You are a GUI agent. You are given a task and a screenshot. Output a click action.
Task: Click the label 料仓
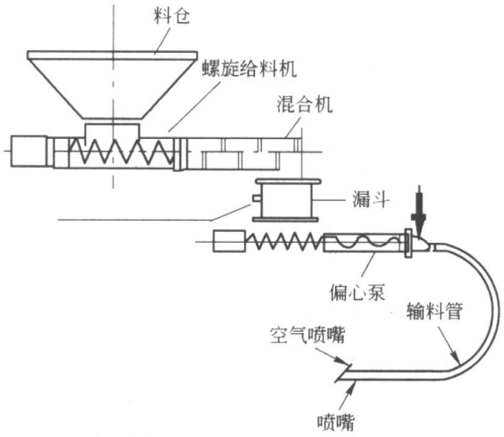point(171,16)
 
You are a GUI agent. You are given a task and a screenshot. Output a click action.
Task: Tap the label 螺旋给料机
point(249,68)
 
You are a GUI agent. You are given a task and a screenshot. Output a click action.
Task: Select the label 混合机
point(304,104)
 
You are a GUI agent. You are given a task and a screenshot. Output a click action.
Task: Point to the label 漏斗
point(371,199)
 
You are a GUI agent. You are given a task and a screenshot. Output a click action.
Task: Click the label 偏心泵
point(356,292)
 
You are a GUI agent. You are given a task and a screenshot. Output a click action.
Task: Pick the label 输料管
point(435,310)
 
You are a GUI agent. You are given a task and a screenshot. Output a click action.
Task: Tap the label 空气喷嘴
point(307,336)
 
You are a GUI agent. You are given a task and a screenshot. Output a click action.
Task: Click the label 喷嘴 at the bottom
point(336,423)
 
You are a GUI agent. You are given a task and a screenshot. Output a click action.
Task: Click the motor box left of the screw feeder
point(29,152)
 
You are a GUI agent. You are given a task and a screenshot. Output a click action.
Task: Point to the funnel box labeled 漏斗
point(287,200)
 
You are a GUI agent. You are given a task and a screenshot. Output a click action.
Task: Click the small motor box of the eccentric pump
point(229,241)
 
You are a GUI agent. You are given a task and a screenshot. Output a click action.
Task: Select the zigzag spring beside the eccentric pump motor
point(286,241)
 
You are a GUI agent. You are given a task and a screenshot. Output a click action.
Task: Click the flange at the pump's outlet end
point(408,243)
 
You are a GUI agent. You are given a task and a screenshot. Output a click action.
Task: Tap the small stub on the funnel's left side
point(257,198)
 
